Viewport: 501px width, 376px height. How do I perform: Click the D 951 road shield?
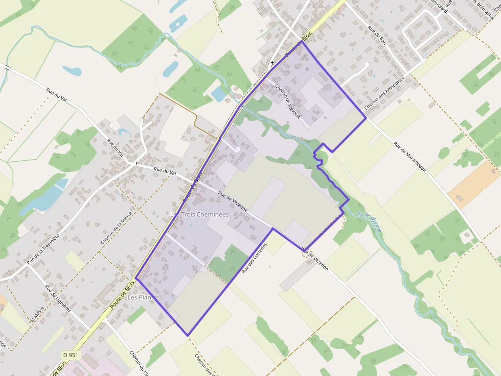point(71,355)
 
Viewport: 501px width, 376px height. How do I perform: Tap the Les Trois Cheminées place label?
point(199,215)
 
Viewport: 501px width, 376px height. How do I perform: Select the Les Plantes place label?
point(144,297)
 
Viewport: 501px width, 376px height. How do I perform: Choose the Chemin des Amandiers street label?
point(384,95)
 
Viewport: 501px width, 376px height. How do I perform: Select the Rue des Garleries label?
point(255,258)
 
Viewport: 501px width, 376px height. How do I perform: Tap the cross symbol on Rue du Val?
point(136,163)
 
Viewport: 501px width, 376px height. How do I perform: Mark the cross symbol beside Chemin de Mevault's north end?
point(272,63)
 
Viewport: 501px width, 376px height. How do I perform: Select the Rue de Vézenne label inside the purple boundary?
point(233,201)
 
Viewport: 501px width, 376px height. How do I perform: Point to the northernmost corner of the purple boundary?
point(302,41)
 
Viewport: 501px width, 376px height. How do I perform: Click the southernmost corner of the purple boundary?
point(188,336)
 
